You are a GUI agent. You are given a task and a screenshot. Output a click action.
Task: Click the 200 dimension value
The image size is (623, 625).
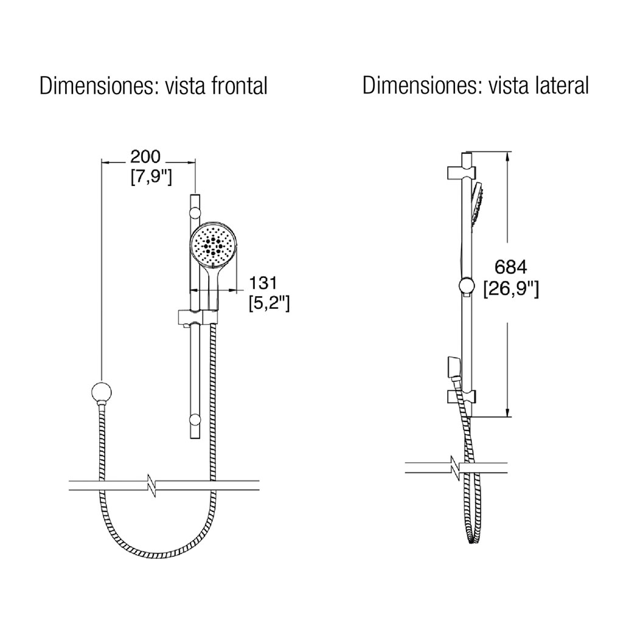[145, 157]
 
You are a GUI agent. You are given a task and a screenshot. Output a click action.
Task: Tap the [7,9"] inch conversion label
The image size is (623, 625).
[151, 177]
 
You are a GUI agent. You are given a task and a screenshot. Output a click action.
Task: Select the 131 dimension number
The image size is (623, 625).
[263, 283]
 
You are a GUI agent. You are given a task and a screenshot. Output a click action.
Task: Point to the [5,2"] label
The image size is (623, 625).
[270, 304]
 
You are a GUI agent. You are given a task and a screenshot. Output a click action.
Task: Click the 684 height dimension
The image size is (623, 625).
[511, 267]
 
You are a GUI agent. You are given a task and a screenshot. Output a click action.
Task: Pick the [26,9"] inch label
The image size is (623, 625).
[511, 289]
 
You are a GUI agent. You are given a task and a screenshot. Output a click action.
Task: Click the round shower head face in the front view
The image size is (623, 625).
[214, 246]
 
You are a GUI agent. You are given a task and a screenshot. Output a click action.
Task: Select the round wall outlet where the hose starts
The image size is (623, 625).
[102, 392]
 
